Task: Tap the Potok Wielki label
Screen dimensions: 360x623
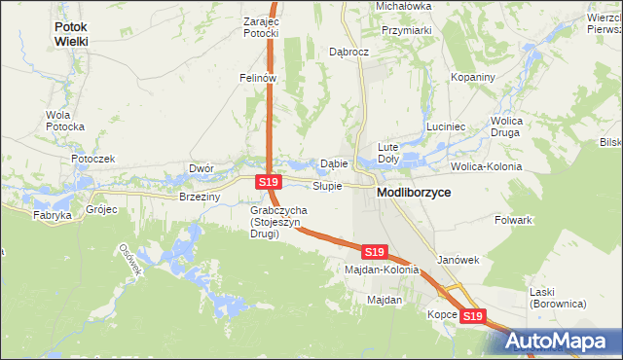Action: pos(85,35)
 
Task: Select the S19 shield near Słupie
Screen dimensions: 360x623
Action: pos(270,182)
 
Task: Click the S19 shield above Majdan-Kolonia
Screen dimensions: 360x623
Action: pos(374,252)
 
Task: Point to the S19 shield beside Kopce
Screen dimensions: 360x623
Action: pos(472,316)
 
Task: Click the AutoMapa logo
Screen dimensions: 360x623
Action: pos(559,340)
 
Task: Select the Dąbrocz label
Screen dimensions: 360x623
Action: pos(348,52)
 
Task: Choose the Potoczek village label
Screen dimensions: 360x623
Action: pos(92,159)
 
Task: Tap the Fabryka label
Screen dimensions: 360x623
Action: pos(53,215)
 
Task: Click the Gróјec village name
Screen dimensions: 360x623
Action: pos(101,209)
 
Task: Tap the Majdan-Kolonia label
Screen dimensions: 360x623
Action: pos(382,270)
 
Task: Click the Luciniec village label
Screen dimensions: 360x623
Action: pos(448,127)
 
